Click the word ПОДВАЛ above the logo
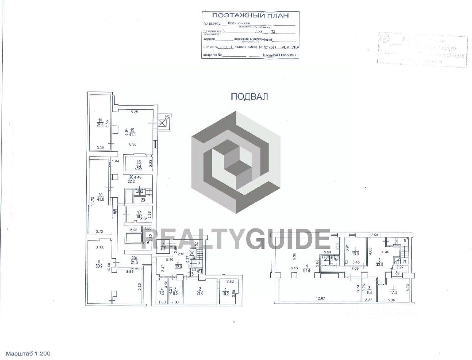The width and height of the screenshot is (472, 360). (x=250, y=97)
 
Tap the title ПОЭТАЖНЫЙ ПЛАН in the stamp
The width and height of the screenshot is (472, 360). (x=250, y=16)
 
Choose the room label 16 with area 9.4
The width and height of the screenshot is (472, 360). (x=139, y=164)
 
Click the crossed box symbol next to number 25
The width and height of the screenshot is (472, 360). (x=162, y=123)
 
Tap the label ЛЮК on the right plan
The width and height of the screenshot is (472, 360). (x=375, y=235)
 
